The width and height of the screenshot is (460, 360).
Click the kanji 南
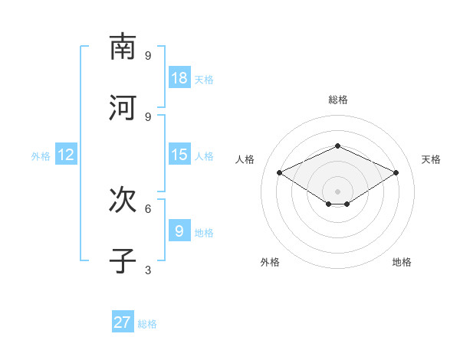pyautogui.click(x=123, y=47)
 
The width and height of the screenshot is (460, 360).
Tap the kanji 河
pyautogui.click(x=123, y=108)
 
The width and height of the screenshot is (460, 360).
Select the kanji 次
pyautogui.click(x=123, y=200)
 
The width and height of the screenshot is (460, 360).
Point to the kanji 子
pyautogui.click(x=123, y=261)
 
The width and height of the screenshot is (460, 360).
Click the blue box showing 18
pyautogui.click(x=179, y=78)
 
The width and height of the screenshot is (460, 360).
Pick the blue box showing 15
pyautogui.click(x=179, y=155)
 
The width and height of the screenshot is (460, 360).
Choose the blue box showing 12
pyautogui.click(x=66, y=155)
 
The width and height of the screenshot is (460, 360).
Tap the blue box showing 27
pyautogui.click(x=123, y=322)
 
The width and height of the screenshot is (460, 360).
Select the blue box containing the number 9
pyautogui.click(x=179, y=231)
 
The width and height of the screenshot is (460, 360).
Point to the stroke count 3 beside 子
pyautogui.click(x=148, y=270)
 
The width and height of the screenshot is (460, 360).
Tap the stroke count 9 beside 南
pyautogui.click(x=148, y=55)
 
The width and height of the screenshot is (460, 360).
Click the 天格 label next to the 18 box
pyautogui.click(x=204, y=79)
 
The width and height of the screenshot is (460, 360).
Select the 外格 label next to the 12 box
pyautogui.click(x=41, y=155)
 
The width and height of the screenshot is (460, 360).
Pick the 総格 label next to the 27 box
pyautogui.click(x=147, y=323)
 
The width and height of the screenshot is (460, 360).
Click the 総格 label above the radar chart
pyautogui.click(x=338, y=100)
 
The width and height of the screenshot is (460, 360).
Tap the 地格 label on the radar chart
pyautogui.click(x=402, y=262)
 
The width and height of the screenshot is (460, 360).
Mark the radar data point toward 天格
pyautogui.click(x=396, y=173)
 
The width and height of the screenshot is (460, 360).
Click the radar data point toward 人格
pyautogui.click(x=280, y=173)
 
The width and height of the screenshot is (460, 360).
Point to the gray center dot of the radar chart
pyautogui.click(x=338, y=191)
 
